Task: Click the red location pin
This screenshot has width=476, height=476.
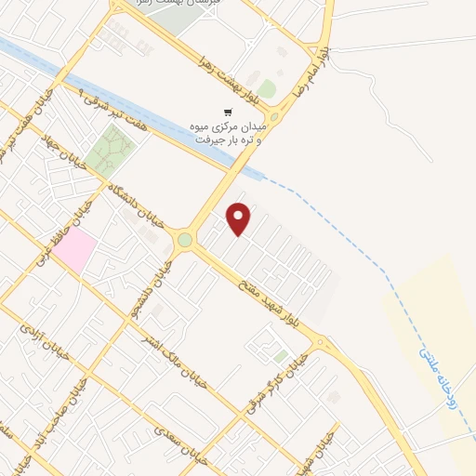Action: point(240,218)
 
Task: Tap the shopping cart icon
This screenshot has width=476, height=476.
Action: point(229,112)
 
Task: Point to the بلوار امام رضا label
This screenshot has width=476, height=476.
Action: point(309,67)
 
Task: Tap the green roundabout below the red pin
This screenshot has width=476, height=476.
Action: point(185,240)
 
